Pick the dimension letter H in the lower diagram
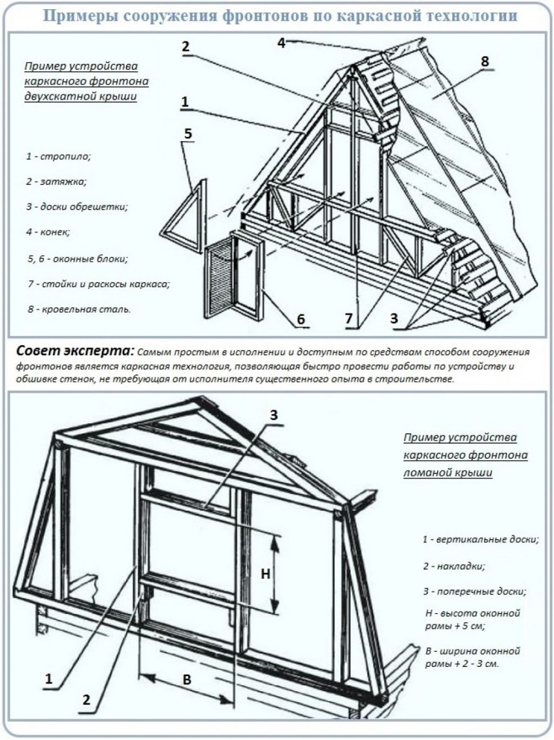point(265,573)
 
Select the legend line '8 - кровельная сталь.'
point(79,310)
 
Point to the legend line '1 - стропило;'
point(58,156)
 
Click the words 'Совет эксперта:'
point(73,351)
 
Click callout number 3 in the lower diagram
point(274,416)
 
